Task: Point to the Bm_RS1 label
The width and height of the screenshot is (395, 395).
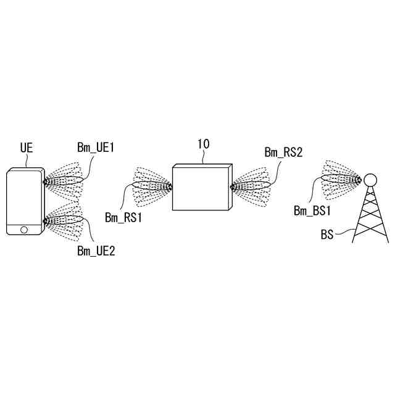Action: click(123, 217)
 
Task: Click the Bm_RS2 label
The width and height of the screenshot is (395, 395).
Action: click(283, 152)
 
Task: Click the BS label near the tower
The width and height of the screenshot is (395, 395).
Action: click(328, 235)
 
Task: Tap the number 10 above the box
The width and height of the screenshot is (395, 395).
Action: click(203, 144)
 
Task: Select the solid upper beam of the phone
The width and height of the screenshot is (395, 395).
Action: click(65, 181)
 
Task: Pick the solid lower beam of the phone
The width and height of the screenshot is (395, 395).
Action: click(65, 220)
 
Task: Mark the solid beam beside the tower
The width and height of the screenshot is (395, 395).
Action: click(340, 179)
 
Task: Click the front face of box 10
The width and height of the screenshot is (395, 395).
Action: click(199, 188)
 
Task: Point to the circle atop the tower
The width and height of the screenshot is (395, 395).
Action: click(370, 180)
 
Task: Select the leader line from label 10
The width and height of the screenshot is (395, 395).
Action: click(204, 157)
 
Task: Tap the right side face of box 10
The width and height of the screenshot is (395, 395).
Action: click(230, 186)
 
